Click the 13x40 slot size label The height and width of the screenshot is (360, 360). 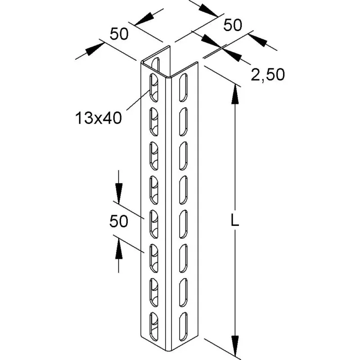99,118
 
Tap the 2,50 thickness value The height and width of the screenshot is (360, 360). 268,74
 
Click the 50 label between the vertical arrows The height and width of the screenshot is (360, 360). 118,221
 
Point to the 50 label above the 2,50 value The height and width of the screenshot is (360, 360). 233,25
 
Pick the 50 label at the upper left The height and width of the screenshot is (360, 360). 119,34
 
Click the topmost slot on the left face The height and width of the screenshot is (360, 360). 154,87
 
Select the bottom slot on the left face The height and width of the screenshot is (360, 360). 154,326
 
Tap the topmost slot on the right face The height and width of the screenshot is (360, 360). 183,87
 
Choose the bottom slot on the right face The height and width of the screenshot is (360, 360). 183,326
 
